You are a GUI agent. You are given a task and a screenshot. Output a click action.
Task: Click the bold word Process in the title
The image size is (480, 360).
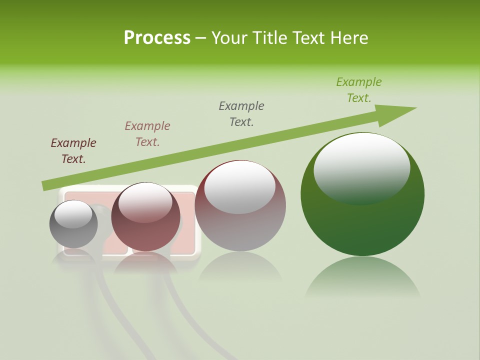[157, 38]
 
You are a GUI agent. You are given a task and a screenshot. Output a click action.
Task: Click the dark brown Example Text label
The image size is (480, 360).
[73, 151]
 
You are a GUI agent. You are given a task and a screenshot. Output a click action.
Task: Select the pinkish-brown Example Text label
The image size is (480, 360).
[147, 134]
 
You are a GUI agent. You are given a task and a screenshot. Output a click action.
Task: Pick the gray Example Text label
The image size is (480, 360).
[241, 114]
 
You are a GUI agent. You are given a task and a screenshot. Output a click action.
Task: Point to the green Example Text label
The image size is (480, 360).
[359, 90]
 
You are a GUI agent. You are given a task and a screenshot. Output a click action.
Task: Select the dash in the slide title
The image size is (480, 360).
[201, 38]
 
